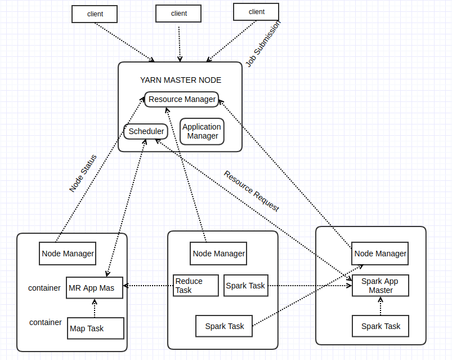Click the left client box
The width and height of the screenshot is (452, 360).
[x=95, y=14]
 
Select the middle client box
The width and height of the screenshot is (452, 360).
[x=178, y=14]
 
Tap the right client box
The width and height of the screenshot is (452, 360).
[x=256, y=12]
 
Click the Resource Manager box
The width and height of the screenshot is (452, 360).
[x=181, y=100]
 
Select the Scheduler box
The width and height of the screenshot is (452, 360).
[x=146, y=131]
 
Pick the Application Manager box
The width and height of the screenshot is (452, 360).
[x=202, y=132]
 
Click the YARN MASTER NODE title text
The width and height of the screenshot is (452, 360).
[x=180, y=81]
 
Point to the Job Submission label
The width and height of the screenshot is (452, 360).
[x=263, y=44]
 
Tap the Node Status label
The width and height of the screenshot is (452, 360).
[x=83, y=174]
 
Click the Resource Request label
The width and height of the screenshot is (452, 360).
[x=252, y=191]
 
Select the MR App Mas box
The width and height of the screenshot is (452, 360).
[x=95, y=288]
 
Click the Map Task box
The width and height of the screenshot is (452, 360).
[x=95, y=328]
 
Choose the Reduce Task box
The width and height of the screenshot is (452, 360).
[x=195, y=286]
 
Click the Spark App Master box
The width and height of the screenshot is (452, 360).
[x=380, y=286]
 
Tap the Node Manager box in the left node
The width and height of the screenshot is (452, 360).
[x=68, y=254]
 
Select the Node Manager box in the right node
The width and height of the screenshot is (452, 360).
[x=380, y=254]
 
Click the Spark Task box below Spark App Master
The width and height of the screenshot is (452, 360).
[x=381, y=326]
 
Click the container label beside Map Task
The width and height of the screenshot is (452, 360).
[x=46, y=322]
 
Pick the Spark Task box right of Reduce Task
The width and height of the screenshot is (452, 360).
[x=245, y=286]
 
